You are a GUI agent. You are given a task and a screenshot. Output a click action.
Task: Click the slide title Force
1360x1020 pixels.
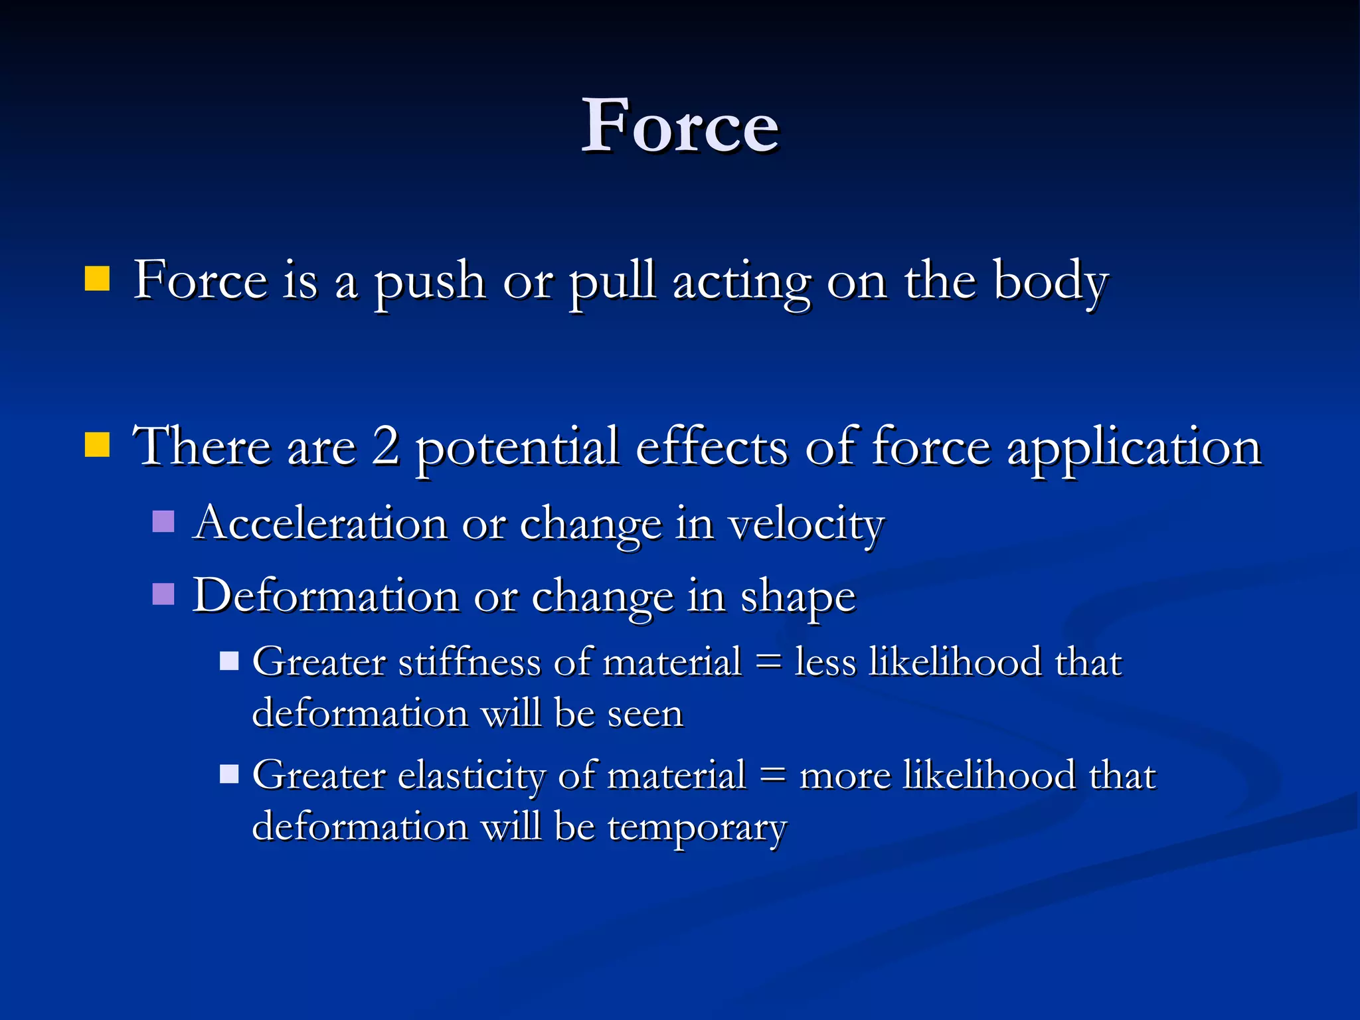coord(679,126)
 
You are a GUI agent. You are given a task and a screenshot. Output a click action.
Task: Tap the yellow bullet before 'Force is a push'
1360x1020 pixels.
coord(97,280)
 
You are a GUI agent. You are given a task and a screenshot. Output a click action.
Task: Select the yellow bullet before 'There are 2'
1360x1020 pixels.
coord(97,445)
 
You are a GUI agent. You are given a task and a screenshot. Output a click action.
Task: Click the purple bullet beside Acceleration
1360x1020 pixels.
coord(163,521)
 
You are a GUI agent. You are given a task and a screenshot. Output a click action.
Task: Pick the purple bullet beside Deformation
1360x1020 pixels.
coord(163,594)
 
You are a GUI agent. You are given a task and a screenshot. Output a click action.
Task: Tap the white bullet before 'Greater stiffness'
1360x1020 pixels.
coord(229,661)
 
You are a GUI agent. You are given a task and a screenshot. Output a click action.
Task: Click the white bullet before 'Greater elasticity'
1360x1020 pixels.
coord(229,774)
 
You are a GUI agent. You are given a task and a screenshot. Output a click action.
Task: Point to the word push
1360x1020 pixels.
coord(430,282)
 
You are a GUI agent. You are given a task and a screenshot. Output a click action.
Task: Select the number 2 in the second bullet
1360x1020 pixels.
coord(386,446)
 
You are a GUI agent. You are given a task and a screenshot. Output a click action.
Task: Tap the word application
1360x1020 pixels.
coord(1134,448)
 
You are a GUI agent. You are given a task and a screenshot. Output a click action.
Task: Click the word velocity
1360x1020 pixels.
coord(806,525)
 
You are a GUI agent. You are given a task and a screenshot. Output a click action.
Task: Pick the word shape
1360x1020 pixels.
coord(798,598)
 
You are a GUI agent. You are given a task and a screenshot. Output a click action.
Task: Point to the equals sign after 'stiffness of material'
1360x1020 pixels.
coord(768,662)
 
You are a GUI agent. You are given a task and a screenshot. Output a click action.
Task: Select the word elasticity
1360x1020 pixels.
coord(471,776)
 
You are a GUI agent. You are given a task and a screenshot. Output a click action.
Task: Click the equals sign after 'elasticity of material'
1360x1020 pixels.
coord(772,775)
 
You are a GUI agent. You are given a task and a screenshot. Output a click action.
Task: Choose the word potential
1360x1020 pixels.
coord(517,448)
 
